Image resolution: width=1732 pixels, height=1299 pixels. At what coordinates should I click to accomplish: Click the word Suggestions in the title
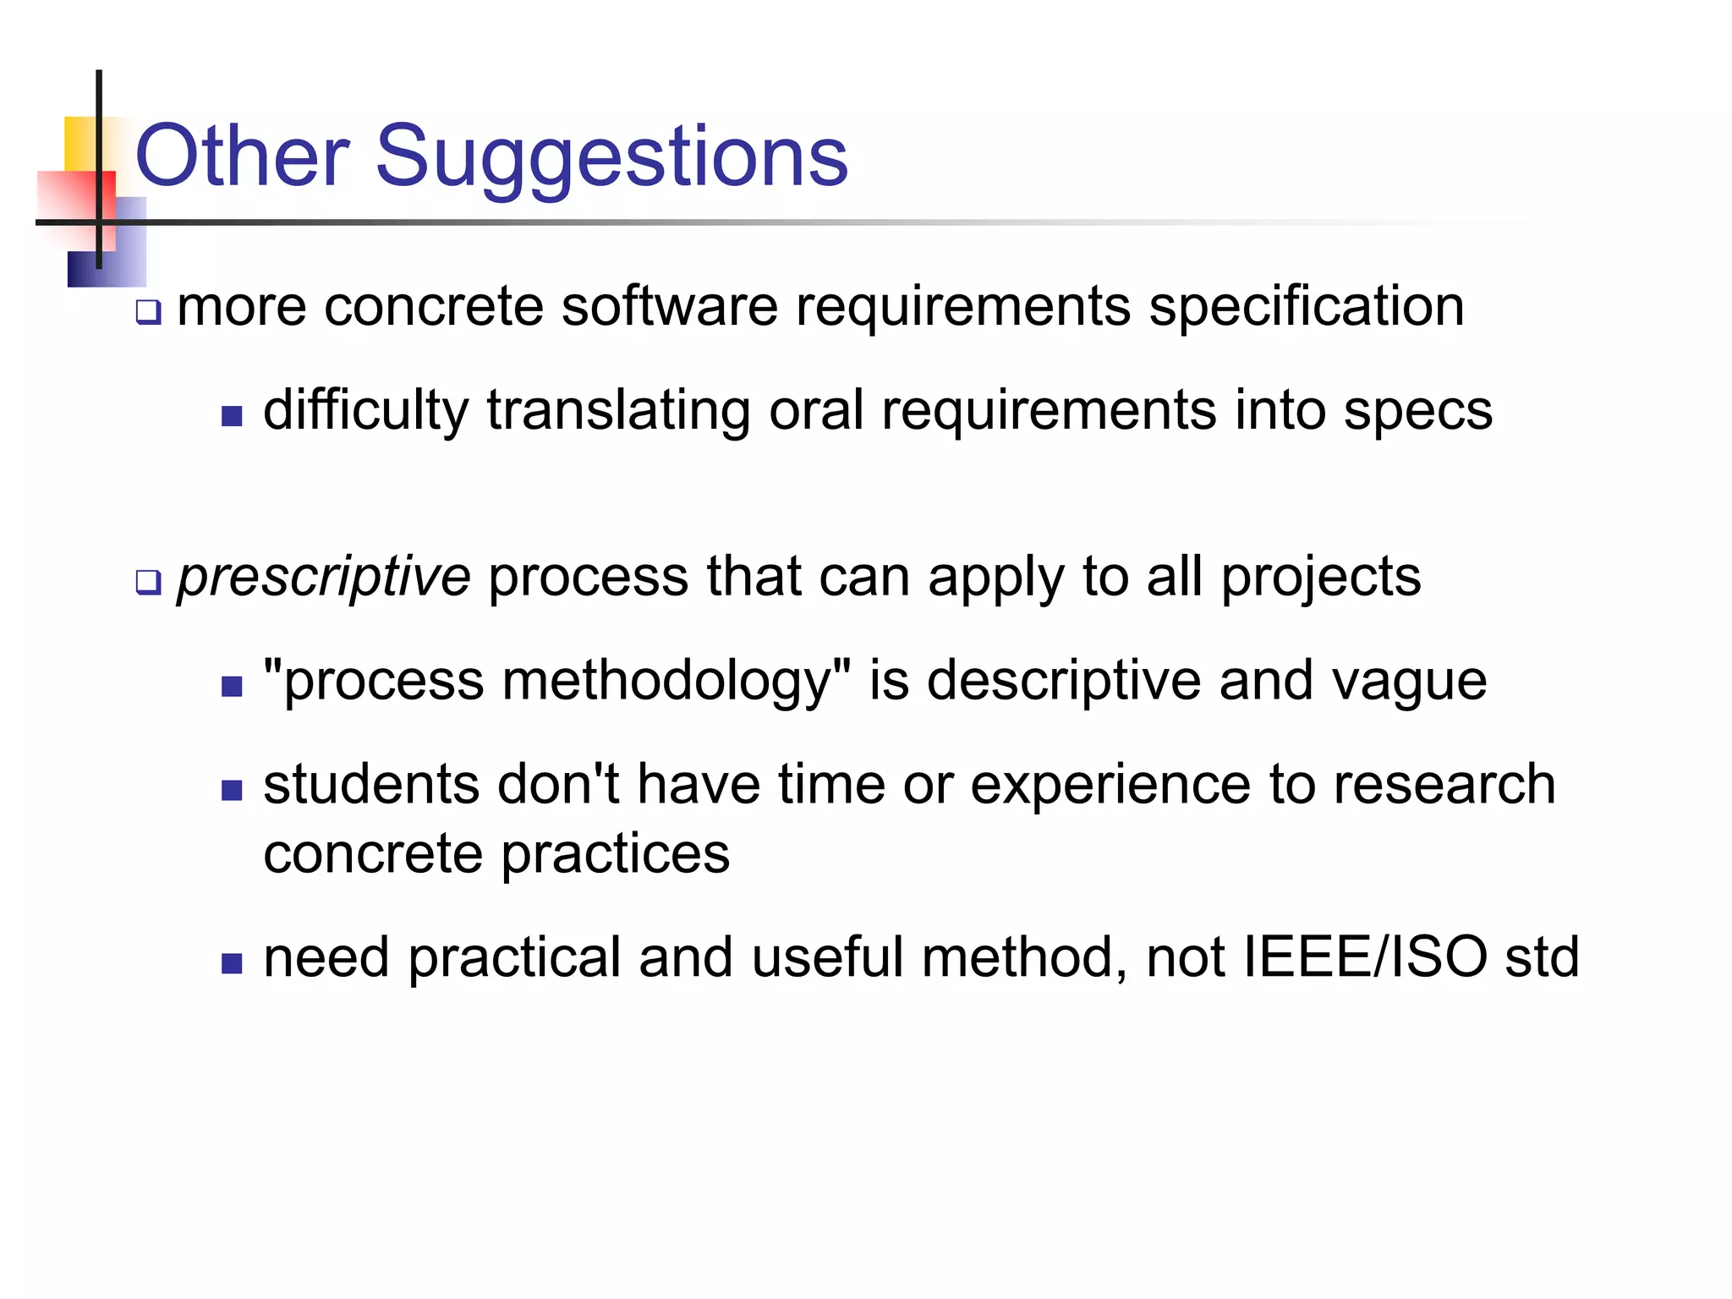611,156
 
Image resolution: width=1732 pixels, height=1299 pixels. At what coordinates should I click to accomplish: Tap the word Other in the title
242,156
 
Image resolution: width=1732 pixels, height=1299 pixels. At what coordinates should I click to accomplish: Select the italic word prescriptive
324,578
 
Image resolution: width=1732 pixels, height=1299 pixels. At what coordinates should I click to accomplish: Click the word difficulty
365,412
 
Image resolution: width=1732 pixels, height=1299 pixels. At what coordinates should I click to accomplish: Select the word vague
1409,682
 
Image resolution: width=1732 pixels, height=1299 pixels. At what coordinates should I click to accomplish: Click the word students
371,785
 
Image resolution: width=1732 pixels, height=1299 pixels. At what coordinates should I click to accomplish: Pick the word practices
615,854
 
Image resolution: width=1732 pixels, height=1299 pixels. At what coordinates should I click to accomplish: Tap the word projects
1321,578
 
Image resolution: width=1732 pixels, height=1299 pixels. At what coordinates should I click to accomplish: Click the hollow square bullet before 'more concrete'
148,313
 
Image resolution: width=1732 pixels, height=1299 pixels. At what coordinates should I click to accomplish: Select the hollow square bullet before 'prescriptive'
148,583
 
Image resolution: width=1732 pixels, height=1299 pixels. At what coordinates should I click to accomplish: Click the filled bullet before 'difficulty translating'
232,416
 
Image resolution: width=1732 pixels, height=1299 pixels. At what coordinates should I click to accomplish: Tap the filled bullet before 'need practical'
232,963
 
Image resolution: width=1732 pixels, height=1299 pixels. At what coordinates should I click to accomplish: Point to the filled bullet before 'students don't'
232,790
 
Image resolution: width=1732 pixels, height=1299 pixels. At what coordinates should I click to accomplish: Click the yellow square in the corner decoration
79,142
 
